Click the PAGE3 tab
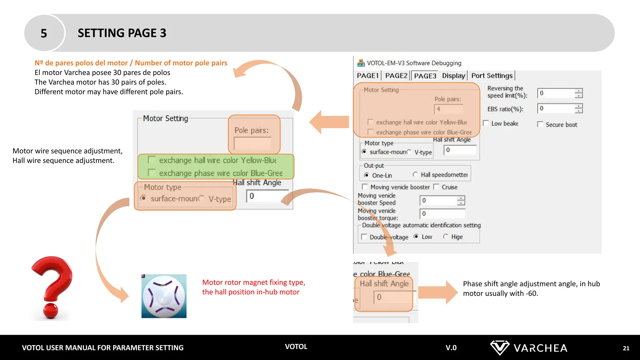pyautogui.click(x=425, y=76)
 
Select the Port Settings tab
pyautogui.click(x=492, y=76)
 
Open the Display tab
pyautogui.click(x=453, y=76)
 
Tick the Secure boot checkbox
pyautogui.click(x=540, y=124)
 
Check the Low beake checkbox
pyautogui.click(x=486, y=123)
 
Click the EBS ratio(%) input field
pyautogui.click(x=556, y=108)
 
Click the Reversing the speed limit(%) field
pyautogui.click(x=556, y=93)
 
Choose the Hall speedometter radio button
pyautogui.click(x=415, y=174)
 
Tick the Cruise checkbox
pyautogui.click(x=436, y=187)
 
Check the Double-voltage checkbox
pyautogui.click(x=364, y=237)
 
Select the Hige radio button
pyautogui.click(x=446, y=237)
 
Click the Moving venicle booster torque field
pyautogui.click(x=442, y=214)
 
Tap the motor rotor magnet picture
pyautogui.click(x=164, y=296)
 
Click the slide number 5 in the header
pyautogui.click(x=44, y=33)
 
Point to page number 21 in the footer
pyautogui.click(x=626, y=348)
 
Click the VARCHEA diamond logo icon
pyautogui.click(x=499, y=347)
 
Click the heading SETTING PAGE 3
pyautogui.click(x=122, y=33)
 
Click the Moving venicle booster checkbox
pyautogui.click(x=365, y=187)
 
